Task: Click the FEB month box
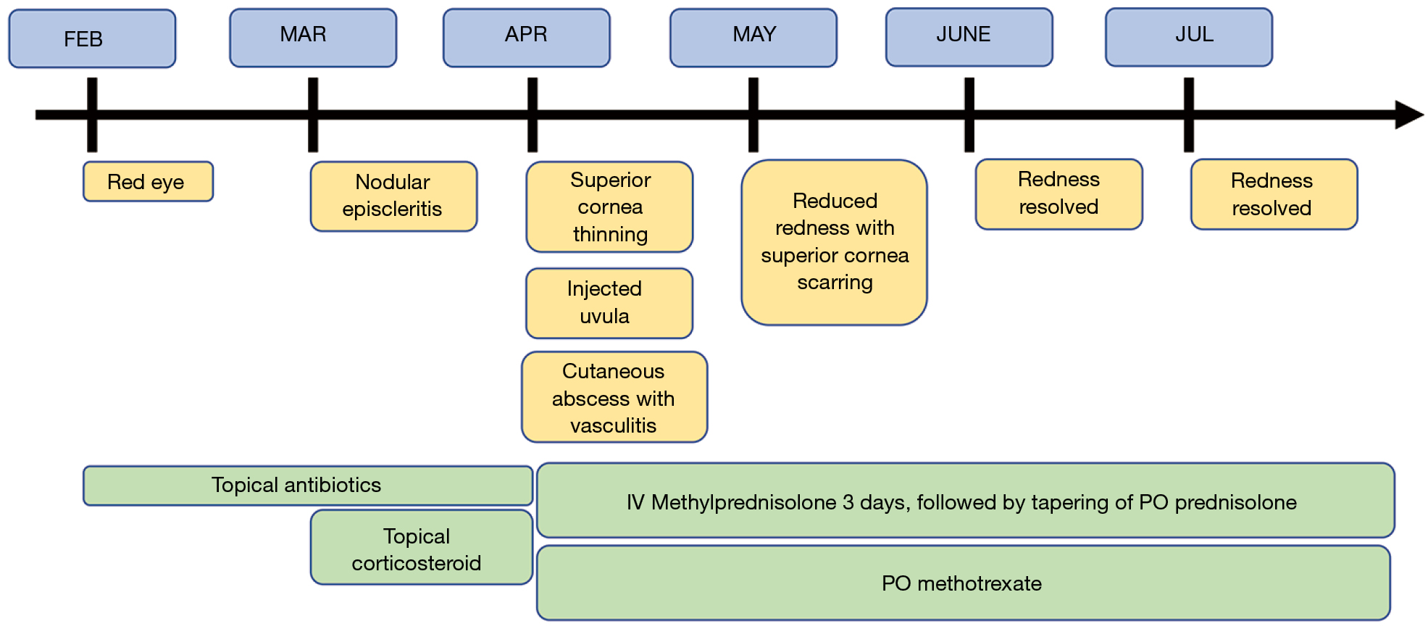point(92,38)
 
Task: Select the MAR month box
point(313,38)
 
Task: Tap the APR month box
point(527,38)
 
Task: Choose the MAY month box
point(753,38)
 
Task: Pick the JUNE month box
point(969,37)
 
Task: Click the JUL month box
point(1188,37)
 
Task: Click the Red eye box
point(148,181)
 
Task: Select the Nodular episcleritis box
point(393,196)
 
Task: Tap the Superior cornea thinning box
point(609,207)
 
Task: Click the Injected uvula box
point(609,303)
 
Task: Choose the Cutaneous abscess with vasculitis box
point(614,397)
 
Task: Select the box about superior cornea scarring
point(834,242)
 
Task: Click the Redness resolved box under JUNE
point(1059,193)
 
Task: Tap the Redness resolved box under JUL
point(1273,194)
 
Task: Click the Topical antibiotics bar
point(307,485)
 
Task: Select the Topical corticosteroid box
point(421,548)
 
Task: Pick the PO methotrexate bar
point(962,583)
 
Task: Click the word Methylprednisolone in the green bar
point(743,502)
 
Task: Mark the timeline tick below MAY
point(753,134)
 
